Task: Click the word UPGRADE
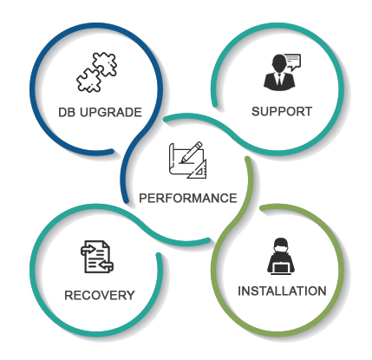coord(111,112)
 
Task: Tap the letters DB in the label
coord(67,112)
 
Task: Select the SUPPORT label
coord(282,111)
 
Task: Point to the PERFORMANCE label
coord(188,198)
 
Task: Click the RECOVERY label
coord(100,295)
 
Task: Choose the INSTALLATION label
coord(282,291)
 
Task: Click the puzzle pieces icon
coord(97,72)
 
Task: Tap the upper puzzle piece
coord(105,64)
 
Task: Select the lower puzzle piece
coord(88,81)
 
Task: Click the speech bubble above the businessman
coord(292,62)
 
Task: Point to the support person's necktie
coord(279,80)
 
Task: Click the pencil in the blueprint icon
coord(191,152)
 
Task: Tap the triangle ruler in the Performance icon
coord(198,169)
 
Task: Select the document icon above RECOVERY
coord(97,257)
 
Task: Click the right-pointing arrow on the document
coord(88,249)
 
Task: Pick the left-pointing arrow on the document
coord(106,265)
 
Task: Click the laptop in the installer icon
coord(280,269)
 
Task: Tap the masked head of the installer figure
coord(280,246)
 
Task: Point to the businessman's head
coord(279,64)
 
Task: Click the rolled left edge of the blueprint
coord(172,159)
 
